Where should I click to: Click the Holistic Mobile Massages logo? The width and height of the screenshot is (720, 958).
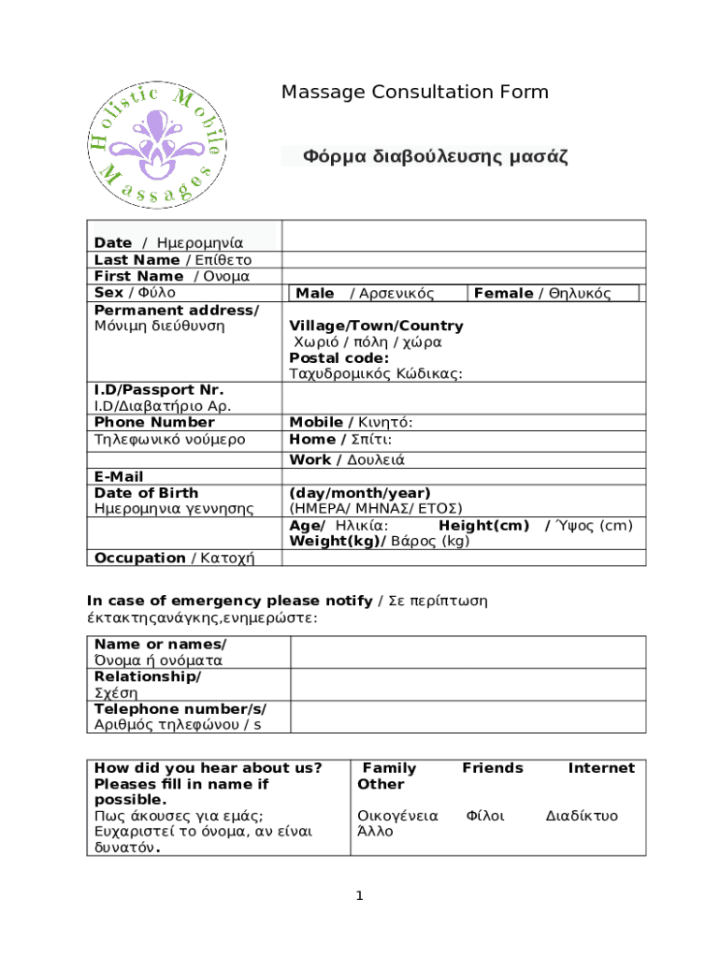coord(157,145)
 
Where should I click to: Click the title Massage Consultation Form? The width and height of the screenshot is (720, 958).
coord(415,92)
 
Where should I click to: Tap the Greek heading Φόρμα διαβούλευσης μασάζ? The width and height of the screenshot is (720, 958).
coord(435,156)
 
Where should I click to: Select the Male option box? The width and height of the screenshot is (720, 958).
coord(378,294)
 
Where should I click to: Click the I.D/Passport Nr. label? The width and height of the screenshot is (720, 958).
coord(145,389)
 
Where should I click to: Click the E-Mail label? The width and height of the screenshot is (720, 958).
coord(119,476)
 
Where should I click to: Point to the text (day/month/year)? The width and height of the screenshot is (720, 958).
coord(360,493)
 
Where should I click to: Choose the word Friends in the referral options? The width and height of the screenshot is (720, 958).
coord(493,768)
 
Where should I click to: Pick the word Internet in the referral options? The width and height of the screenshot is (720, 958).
coord(601,768)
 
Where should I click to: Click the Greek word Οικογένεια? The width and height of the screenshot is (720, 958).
coord(397,816)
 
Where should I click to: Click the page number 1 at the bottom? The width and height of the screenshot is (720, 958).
coord(359,897)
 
